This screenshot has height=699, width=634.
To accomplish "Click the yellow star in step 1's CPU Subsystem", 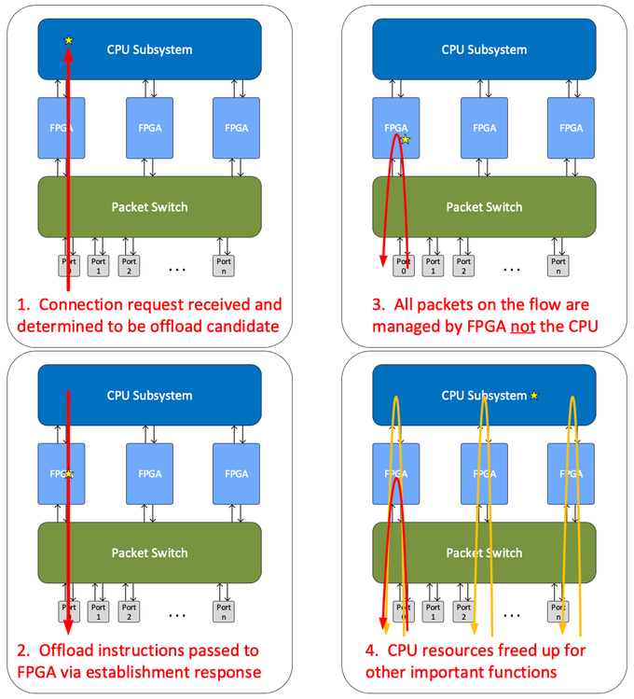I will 68,40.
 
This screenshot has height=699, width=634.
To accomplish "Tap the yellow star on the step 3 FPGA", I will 405,139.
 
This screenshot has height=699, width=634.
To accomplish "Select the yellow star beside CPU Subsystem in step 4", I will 534,396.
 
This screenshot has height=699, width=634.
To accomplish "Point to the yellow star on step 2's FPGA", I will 69,474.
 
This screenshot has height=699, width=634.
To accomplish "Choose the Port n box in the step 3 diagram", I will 558,266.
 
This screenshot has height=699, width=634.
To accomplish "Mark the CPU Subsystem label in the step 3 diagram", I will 485,49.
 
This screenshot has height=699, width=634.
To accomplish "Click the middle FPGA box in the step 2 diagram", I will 149,473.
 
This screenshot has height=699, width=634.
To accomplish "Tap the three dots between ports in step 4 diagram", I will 511,614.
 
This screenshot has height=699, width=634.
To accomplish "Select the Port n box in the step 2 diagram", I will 223,611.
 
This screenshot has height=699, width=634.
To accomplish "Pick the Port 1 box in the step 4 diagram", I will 434,611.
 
